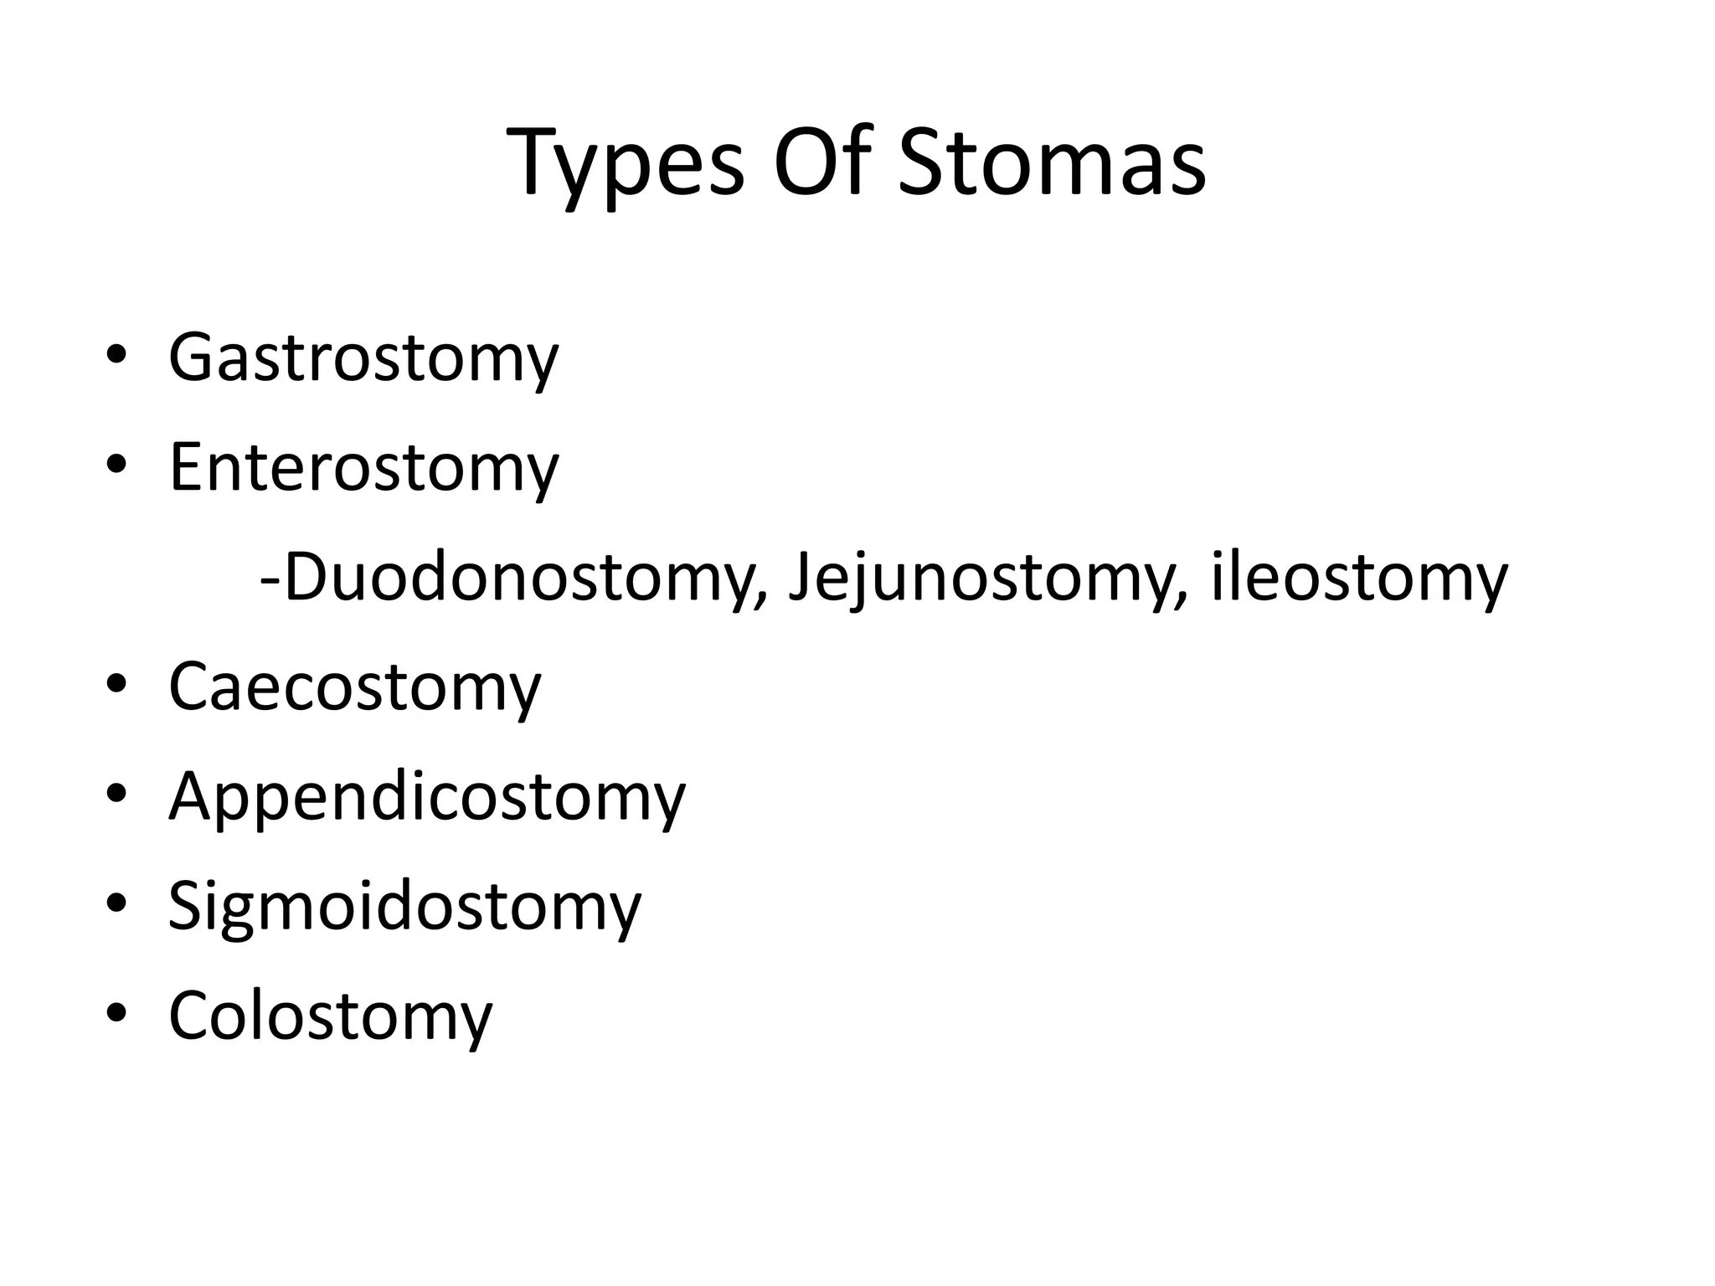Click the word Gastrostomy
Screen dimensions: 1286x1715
[363, 359]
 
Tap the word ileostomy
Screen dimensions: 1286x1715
[1359, 579]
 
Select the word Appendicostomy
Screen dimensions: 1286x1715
[427, 798]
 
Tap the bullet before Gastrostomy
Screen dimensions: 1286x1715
[116, 354]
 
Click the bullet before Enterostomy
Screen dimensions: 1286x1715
[116, 464]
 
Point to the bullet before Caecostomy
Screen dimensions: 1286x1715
[116, 683]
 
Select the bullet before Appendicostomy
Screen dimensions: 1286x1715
[116, 793]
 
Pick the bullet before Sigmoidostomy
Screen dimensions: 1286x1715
[116, 903]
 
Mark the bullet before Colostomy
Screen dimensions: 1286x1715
[116, 1012]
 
